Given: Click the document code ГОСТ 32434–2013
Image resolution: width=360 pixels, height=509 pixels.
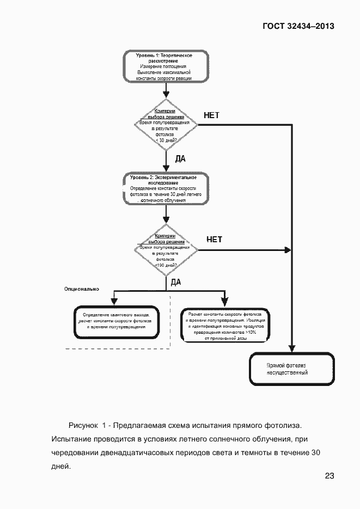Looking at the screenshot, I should [x=298, y=26].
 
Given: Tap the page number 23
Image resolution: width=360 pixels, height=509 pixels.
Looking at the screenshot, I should [x=329, y=476].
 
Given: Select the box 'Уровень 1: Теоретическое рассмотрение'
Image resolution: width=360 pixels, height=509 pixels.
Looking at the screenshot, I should [x=165, y=67].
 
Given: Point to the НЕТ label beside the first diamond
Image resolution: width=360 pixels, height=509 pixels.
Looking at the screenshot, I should [x=211, y=115].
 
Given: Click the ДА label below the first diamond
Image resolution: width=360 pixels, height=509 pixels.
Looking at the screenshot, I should [x=180, y=159].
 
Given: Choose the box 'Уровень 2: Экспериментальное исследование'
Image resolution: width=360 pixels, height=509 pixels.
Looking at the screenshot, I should [x=165, y=189].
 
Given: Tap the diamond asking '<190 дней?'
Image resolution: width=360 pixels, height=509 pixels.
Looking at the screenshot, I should [x=165, y=251].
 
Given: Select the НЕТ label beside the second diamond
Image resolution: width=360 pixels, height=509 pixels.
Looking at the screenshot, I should [x=214, y=240].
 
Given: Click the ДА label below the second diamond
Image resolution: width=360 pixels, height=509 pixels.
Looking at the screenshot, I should [x=175, y=282].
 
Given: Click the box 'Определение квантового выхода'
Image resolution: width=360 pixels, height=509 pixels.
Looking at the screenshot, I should [x=114, y=323].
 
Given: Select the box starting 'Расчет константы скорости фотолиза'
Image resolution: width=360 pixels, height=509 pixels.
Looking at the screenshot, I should [x=225, y=326].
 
